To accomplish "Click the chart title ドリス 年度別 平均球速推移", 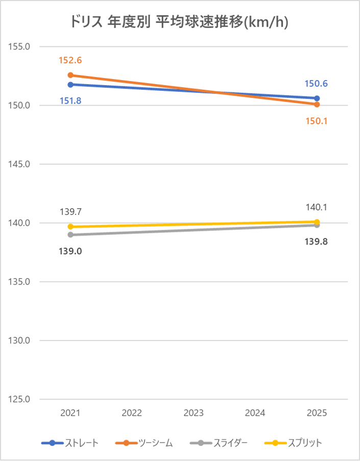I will (x=180, y=23).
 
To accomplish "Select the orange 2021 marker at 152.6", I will (x=70, y=75).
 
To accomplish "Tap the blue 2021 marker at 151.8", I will (x=70, y=84).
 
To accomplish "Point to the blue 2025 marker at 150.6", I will (x=317, y=98).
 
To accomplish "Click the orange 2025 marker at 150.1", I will (x=317, y=105).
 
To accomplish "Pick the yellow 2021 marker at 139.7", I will (x=70, y=227).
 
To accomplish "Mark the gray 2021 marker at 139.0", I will (x=70, y=235).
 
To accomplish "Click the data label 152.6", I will (x=70, y=60).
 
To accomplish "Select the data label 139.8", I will (x=317, y=242).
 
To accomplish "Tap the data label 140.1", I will (x=317, y=207).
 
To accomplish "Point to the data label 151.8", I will (x=70, y=101).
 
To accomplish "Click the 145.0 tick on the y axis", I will (x=20, y=164).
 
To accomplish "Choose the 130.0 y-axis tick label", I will (x=20, y=341).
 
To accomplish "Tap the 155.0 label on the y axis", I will (x=20, y=47).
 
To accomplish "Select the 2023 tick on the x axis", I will (x=194, y=413).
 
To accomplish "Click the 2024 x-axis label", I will (x=255, y=413).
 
